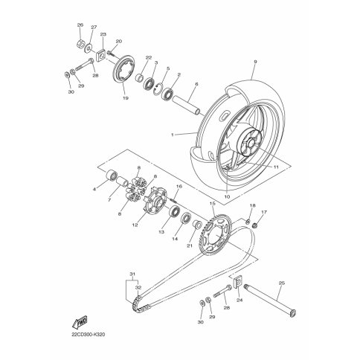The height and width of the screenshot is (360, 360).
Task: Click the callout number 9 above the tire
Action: click(x=255, y=62)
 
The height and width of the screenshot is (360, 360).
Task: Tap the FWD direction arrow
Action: click(x=80, y=321)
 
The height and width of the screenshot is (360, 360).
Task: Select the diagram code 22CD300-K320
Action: click(x=89, y=335)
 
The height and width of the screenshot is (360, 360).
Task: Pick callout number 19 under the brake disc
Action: click(x=126, y=98)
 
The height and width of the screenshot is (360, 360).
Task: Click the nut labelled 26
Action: click(x=80, y=44)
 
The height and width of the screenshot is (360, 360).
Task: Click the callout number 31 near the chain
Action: click(x=133, y=274)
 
